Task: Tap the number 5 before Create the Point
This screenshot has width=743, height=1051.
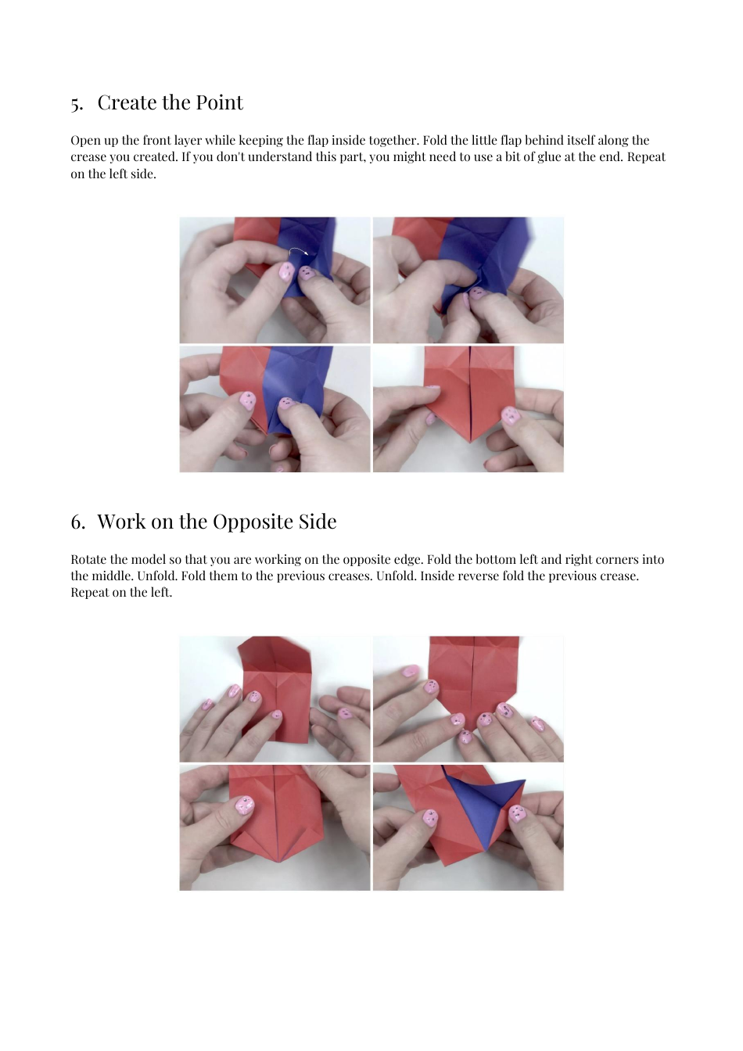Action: (76, 104)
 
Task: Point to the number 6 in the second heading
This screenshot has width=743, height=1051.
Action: (77, 522)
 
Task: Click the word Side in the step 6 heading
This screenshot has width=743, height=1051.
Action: (318, 522)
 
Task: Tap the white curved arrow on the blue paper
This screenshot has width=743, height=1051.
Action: (298, 250)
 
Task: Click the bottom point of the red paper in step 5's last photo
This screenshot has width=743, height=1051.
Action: (469, 442)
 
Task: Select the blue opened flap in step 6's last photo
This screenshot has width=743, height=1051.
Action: (485, 805)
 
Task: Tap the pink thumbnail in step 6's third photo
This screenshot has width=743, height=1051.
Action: (245, 805)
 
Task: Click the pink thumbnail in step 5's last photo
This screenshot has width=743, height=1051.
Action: (510, 414)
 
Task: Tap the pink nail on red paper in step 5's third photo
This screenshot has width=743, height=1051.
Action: (247, 401)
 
